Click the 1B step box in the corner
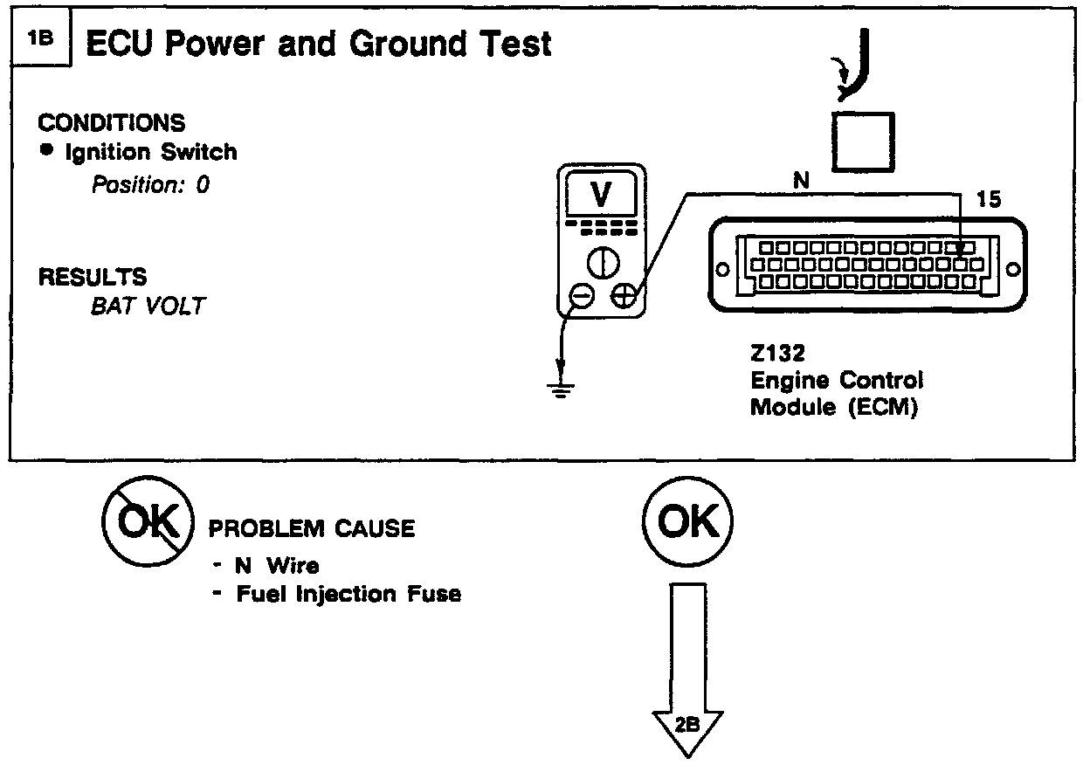39,41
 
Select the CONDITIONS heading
112,123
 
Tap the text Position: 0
151,185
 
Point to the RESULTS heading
93,278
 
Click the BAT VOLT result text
147,307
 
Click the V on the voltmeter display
602,196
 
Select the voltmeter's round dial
602,262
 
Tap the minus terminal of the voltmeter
581,297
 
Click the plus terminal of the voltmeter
624,297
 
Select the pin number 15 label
990,200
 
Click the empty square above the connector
863,141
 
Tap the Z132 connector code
778,356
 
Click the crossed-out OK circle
147,523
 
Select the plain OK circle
688,523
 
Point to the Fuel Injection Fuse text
348,595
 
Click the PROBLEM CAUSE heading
311,528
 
